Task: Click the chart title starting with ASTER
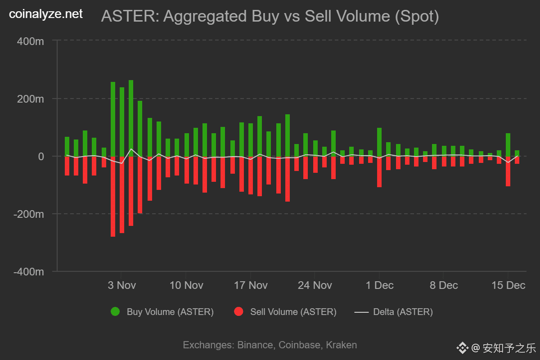pos(270,16)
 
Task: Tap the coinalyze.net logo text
pos(46,14)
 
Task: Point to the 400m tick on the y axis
pos(31,41)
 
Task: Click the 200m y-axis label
pos(31,99)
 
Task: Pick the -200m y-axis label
pos(29,214)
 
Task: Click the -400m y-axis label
pos(29,271)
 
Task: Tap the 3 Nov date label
pos(122,285)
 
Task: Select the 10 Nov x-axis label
pos(186,285)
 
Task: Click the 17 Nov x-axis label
pos(251,285)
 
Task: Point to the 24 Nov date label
pos(315,285)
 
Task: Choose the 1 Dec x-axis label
pos(379,285)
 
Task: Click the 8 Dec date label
pos(444,285)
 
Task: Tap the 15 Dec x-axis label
pos(508,285)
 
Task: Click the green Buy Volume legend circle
pos(115,311)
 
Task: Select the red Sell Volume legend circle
pos(238,311)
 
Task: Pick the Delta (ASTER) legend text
pos(403,311)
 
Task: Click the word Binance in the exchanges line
pos(254,345)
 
